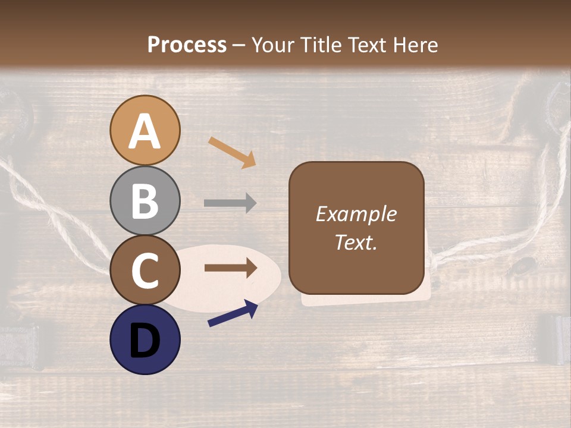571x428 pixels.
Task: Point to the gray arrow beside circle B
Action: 230,203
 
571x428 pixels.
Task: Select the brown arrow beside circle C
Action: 230,268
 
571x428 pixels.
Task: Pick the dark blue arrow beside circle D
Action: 233,313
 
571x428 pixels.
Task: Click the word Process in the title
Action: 187,45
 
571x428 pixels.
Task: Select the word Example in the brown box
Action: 356,214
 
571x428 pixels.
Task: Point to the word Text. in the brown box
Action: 356,242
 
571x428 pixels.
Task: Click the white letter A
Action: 145,131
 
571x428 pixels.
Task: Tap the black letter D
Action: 145,341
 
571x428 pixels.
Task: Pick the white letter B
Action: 145,201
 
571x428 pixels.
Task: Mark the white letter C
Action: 145,270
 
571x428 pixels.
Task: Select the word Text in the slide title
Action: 366,45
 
